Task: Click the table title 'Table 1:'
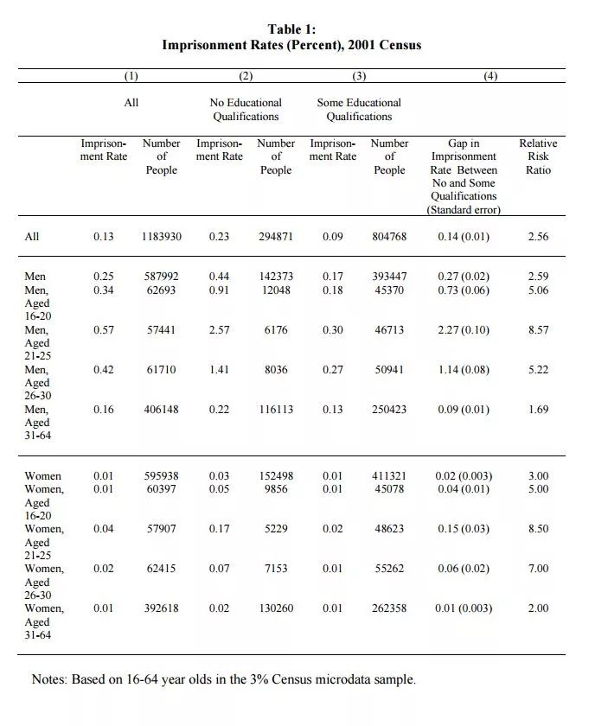point(291,29)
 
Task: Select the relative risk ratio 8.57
point(537,330)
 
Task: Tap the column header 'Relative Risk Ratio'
point(537,156)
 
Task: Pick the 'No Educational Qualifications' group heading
point(246,109)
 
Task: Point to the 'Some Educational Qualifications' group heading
point(359,109)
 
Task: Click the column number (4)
point(490,76)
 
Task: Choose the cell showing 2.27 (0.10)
point(464,330)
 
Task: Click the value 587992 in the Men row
point(161,277)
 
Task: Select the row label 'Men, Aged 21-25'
point(37,344)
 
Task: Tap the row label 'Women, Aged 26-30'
point(43,583)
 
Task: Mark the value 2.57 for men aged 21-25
point(219,330)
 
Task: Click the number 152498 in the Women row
point(276,476)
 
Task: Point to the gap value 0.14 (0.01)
point(464,236)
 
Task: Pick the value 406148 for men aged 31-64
point(161,409)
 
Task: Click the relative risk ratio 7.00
point(537,569)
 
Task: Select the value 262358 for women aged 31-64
point(389,608)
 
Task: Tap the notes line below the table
point(224,679)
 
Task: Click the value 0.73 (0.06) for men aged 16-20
point(464,290)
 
